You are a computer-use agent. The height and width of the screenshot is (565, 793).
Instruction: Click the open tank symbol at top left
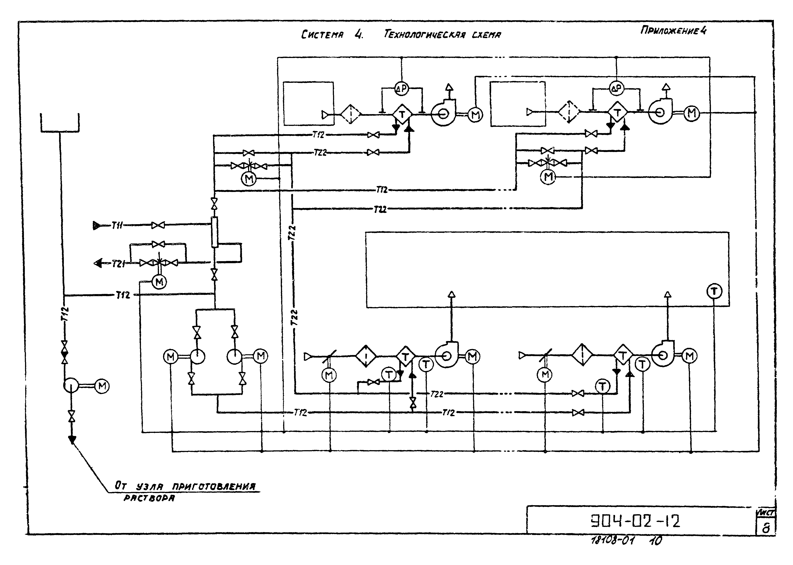tap(60, 123)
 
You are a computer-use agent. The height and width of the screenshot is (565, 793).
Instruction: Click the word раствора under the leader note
tap(149, 498)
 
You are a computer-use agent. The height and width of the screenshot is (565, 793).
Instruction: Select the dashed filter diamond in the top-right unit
tap(569, 112)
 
